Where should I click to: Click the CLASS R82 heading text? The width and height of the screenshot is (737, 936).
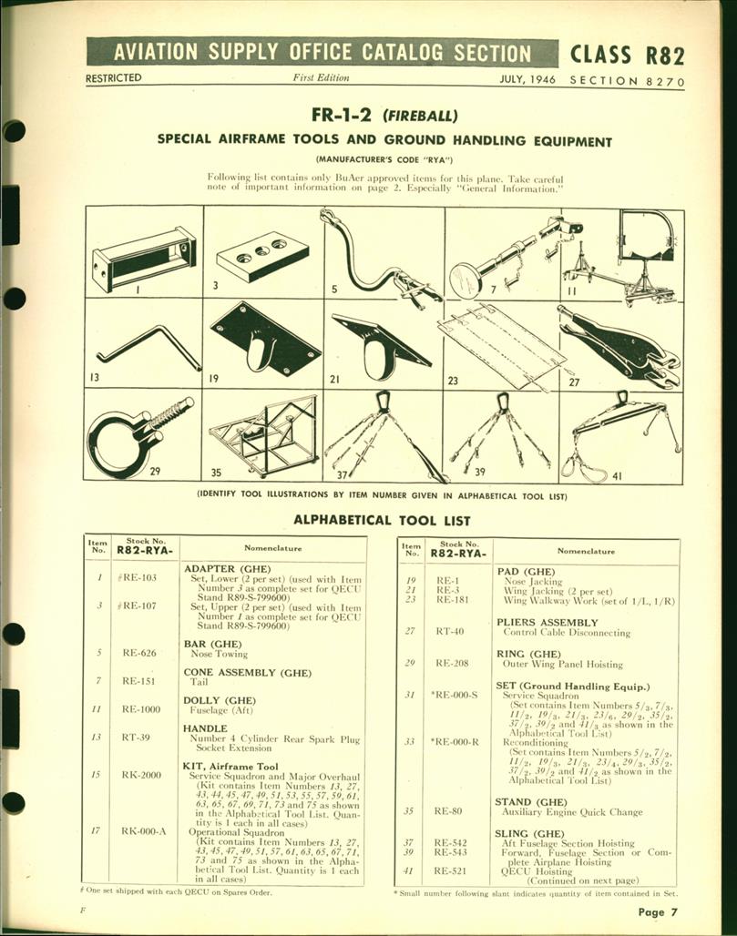(x=627, y=54)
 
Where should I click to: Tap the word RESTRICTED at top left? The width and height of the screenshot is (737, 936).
(x=114, y=79)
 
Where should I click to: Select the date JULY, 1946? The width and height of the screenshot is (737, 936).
(x=528, y=80)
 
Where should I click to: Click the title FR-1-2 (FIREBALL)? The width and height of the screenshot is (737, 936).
(x=383, y=116)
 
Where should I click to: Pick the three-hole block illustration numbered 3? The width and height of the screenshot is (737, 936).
(x=262, y=256)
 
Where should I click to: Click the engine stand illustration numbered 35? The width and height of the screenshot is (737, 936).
(x=264, y=435)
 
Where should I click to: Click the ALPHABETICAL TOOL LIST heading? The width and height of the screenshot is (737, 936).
(x=382, y=521)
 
